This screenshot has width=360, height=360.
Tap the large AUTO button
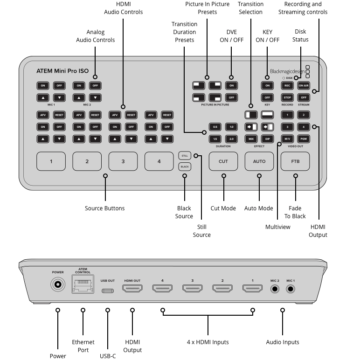tap(259, 161)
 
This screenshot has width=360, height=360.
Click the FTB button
tap(295, 161)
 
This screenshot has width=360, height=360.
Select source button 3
tap(123, 161)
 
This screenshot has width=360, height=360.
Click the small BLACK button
tap(185, 166)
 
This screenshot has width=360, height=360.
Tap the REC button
tap(287, 85)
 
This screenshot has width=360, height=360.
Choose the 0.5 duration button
tap(215, 127)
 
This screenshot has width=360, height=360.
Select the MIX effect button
tap(251, 138)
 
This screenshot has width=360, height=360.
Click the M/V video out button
tap(288, 138)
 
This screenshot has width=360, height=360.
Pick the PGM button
tap(304, 138)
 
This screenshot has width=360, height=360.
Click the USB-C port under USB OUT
tap(107, 290)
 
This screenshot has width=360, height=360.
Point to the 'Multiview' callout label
tap(277, 227)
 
